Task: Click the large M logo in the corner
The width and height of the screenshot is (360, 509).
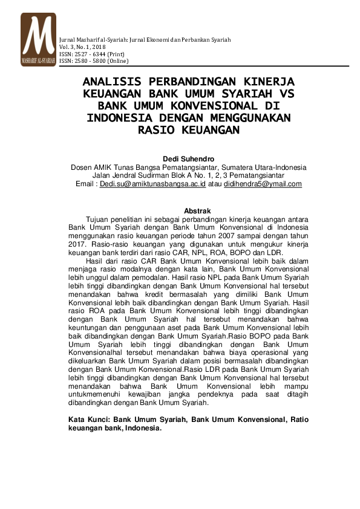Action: (38, 39)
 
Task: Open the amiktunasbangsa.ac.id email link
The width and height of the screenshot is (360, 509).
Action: (153, 184)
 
